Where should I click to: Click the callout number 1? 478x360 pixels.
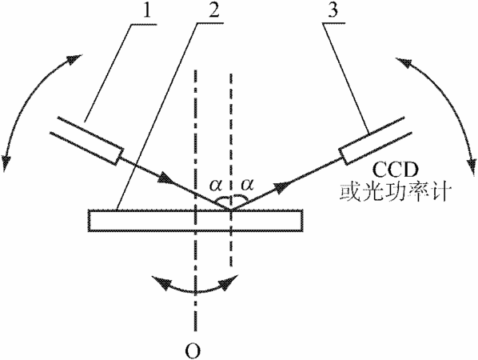pos(148,10)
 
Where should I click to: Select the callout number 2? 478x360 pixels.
pos(214,10)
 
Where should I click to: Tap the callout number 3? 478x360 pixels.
pos(333,10)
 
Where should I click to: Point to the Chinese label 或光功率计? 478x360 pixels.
pos(394,193)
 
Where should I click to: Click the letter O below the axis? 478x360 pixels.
pos(193,350)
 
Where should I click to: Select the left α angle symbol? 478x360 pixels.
pos(216,185)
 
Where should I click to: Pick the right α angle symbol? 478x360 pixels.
pos(247,184)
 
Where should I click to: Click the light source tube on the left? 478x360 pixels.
pos(86,141)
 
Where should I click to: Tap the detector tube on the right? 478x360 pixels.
pos(376,140)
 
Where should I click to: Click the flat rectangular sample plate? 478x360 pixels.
pos(195,221)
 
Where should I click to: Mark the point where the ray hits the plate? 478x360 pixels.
pos(231,210)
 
